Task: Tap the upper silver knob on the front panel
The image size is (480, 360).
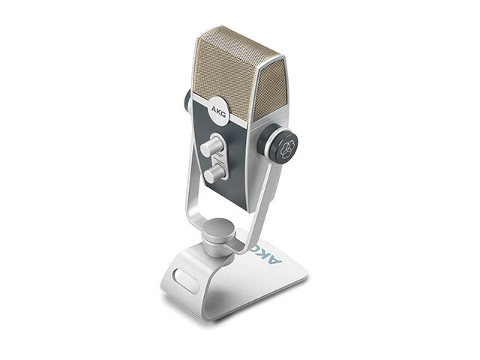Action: click(x=211, y=146)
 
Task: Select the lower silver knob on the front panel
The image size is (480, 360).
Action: click(x=214, y=174)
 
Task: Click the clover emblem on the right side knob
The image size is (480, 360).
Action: click(x=287, y=148)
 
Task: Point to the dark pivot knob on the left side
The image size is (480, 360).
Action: click(x=187, y=100)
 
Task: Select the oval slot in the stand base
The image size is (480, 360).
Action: click(x=185, y=279)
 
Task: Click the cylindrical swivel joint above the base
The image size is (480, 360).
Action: click(x=219, y=237)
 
